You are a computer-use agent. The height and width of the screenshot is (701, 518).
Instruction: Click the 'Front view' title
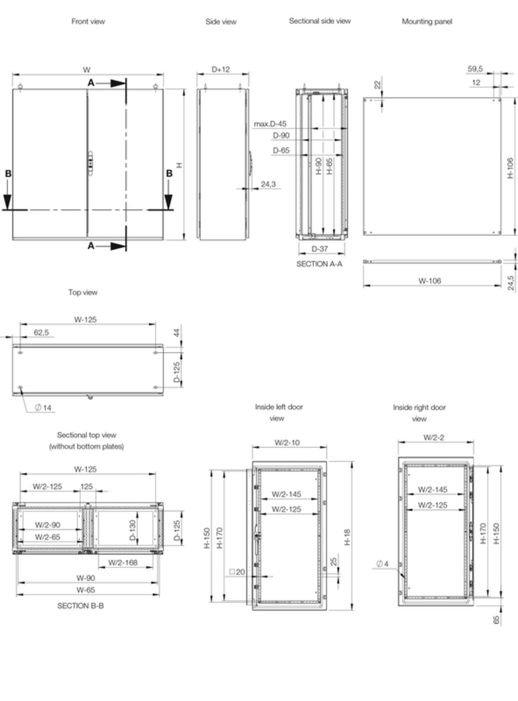pos(88,21)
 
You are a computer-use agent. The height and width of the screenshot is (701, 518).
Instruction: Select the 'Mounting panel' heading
pos(427,21)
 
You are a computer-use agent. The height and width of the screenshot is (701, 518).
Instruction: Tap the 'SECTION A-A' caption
pos(319,264)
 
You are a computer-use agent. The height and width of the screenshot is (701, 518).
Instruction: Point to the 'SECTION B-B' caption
pos(80,606)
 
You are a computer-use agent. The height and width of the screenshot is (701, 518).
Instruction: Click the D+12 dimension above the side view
pos(221,69)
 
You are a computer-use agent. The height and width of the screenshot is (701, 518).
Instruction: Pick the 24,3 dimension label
pos(268,184)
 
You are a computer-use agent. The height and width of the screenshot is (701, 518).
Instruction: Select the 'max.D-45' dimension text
pos(270,124)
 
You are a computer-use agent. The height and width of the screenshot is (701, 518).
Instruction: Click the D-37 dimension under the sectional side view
pos(320,249)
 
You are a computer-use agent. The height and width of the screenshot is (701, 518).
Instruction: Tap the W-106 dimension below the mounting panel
pos(430,281)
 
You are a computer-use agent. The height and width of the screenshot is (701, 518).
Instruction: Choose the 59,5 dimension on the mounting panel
pos(475,69)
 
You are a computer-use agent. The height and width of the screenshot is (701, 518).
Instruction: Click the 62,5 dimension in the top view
pos(42,332)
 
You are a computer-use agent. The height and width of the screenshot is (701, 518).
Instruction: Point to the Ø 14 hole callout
pos(43,408)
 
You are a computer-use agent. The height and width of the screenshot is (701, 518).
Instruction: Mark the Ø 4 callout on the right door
pos(382,564)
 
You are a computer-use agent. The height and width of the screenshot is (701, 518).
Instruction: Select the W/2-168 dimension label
pos(123,562)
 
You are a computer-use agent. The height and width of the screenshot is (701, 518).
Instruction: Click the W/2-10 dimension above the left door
pos(287,443)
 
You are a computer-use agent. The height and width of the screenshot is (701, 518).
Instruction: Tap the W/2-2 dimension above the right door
pos(433,437)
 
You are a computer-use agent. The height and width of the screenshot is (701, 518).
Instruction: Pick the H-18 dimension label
pos(347,537)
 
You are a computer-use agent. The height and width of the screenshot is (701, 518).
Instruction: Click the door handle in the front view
pos(91,164)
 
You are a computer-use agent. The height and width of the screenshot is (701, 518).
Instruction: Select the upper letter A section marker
pos(91,83)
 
